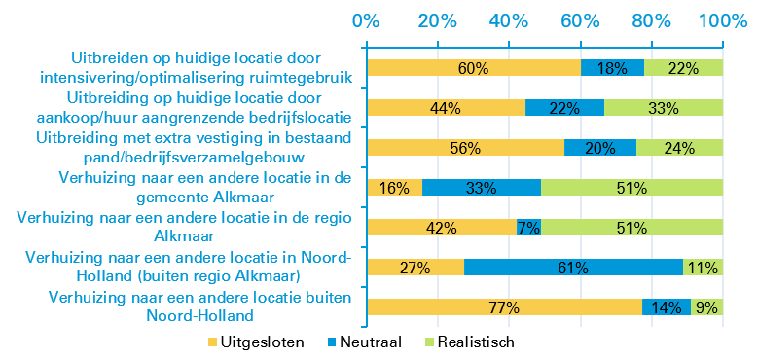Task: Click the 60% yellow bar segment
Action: click(473, 68)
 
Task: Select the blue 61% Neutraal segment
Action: click(573, 268)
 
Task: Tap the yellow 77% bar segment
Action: click(504, 307)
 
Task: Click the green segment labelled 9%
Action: click(706, 307)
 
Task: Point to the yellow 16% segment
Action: click(394, 188)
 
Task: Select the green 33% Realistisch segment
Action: click(664, 108)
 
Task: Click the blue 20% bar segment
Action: click(600, 148)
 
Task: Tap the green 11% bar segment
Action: click(703, 268)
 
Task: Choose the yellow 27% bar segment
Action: click(415, 268)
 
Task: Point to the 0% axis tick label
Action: click(366, 20)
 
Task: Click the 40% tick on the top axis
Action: click(508, 20)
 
